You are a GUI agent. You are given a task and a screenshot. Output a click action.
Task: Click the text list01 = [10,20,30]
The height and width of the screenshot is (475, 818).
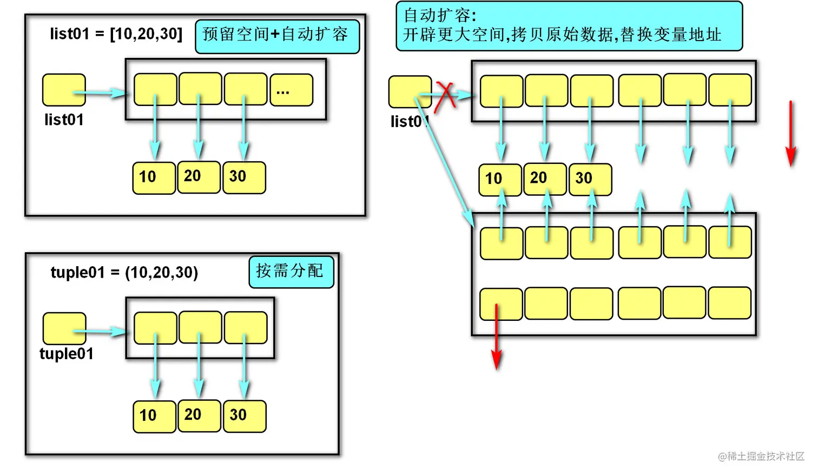pyautogui.click(x=116, y=34)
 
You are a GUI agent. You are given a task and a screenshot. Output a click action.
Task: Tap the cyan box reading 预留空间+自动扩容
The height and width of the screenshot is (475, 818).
pyautogui.click(x=277, y=36)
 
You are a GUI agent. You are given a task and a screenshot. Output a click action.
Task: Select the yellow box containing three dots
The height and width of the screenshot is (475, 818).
pyautogui.click(x=291, y=90)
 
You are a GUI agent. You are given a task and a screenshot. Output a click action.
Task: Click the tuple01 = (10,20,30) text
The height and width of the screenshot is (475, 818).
pyautogui.click(x=124, y=272)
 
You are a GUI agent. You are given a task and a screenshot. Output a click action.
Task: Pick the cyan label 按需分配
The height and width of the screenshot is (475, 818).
pyautogui.click(x=291, y=271)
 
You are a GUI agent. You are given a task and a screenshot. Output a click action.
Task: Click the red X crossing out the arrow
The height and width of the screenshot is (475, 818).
pyautogui.click(x=446, y=96)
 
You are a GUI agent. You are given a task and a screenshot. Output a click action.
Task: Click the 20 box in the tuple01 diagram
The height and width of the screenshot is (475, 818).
pyautogui.click(x=199, y=415)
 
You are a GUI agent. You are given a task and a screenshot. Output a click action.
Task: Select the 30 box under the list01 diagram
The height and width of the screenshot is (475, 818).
pyautogui.click(x=244, y=177)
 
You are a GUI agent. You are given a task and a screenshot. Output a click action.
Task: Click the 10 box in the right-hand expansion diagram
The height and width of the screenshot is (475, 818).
pyautogui.click(x=500, y=179)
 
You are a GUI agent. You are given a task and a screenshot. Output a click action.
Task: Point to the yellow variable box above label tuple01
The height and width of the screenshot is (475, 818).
pyautogui.click(x=64, y=328)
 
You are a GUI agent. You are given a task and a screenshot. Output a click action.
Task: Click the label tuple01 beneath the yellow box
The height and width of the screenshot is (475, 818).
pyautogui.click(x=67, y=354)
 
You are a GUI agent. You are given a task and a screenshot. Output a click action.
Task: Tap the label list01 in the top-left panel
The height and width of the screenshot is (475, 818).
pyautogui.click(x=64, y=120)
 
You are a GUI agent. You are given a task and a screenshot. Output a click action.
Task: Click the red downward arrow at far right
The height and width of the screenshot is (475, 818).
pyautogui.click(x=790, y=133)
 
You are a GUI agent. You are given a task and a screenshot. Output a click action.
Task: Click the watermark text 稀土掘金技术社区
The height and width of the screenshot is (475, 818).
pyautogui.click(x=761, y=456)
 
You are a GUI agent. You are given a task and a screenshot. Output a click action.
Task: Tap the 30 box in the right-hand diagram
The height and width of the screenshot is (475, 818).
pyautogui.click(x=590, y=179)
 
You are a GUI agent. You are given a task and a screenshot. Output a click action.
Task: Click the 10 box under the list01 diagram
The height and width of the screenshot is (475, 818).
pyautogui.click(x=154, y=177)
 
